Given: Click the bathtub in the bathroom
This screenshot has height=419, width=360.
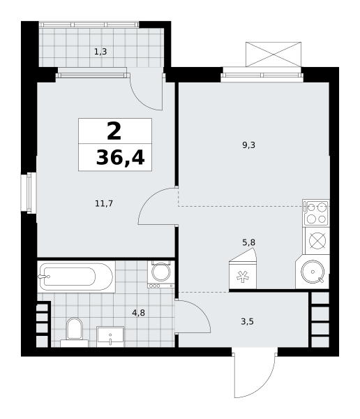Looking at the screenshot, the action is point(76,277).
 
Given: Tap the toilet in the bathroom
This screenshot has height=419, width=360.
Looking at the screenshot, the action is point(74,332).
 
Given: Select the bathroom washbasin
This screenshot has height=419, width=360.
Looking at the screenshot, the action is point(110,337).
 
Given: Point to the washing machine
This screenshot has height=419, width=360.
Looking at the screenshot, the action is point(161,274).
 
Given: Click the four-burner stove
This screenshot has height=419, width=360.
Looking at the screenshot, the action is point(316,213).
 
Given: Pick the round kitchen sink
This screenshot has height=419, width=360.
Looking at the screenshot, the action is point(313,272).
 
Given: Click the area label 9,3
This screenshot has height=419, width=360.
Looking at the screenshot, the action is point(248,145).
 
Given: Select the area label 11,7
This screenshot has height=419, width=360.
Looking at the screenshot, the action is point(104,204).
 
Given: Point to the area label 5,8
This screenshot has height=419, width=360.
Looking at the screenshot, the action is point(248,242).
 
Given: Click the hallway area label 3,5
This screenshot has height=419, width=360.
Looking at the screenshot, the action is point(247,321).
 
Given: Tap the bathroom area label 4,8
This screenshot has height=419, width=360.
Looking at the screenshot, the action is point(138,312).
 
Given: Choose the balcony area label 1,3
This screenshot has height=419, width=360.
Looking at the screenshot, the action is point(100,52).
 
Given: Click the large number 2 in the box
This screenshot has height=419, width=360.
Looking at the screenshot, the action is point(114,131).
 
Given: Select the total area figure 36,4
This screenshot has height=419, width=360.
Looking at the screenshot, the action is point(120,158).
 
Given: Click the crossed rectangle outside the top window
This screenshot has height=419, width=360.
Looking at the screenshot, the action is point(273,54).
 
